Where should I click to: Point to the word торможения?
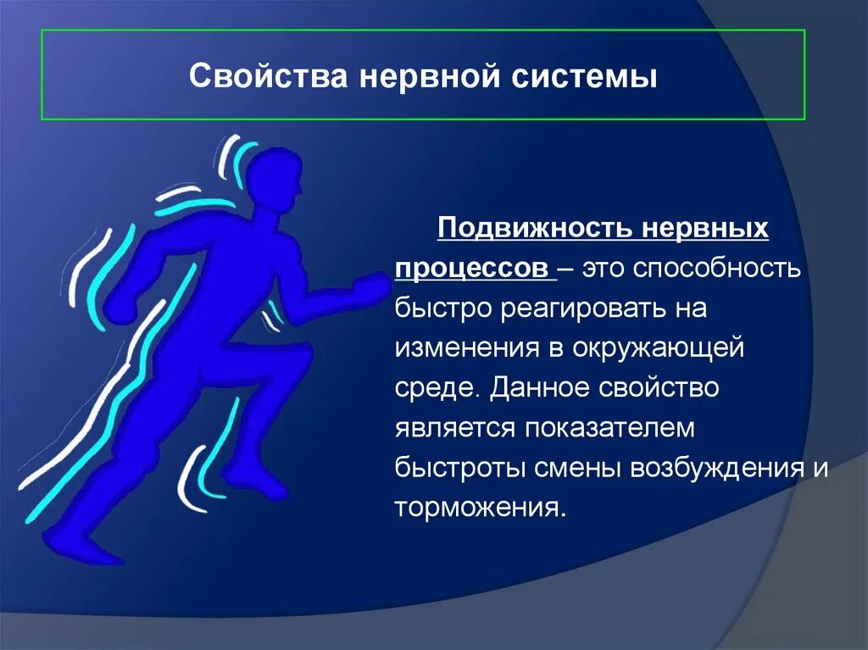point(478,508)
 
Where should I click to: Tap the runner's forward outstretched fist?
point(368,288)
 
